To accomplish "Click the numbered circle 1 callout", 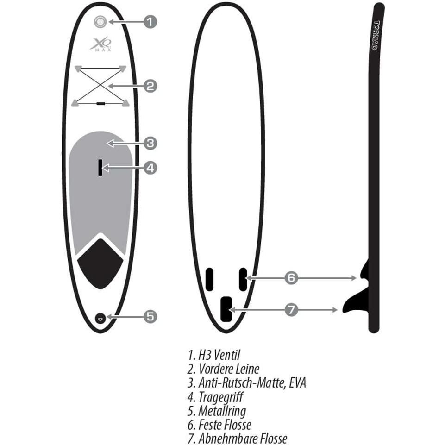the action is [x=150, y=22].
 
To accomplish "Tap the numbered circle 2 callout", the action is [x=150, y=86].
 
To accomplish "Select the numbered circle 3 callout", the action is [x=150, y=144].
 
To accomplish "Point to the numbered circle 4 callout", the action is [x=150, y=168].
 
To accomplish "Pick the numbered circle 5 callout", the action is [x=150, y=316].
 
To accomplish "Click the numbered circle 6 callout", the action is [x=291, y=278].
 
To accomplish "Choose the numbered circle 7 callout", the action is [x=291, y=310].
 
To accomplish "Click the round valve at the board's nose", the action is [x=100, y=22].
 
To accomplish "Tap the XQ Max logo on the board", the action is [x=101, y=44].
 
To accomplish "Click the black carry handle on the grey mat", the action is [x=100, y=168].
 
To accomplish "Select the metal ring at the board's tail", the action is [x=100, y=318].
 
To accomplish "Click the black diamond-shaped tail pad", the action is [x=100, y=264].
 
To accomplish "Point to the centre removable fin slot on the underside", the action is [x=226, y=309].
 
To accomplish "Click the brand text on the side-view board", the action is [x=376, y=35].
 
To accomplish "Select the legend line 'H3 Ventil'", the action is [x=214, y=355].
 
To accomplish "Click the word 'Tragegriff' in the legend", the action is [x=221, y=397].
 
